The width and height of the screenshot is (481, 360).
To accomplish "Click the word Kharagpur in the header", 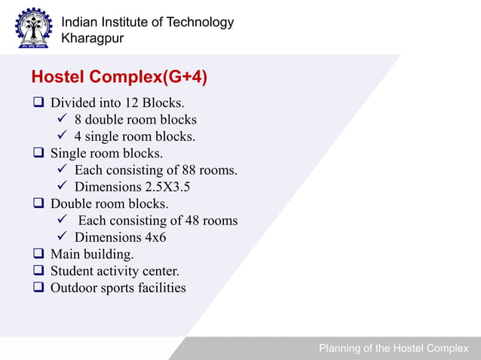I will pos(93,38).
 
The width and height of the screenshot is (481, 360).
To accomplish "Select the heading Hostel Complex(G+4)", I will pos(119,78).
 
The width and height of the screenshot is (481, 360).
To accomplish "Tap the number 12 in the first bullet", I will pos(135,102).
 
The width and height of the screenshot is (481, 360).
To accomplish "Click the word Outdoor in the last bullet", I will pos(72,288).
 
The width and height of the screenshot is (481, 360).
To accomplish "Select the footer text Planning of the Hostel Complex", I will pos(393,349).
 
